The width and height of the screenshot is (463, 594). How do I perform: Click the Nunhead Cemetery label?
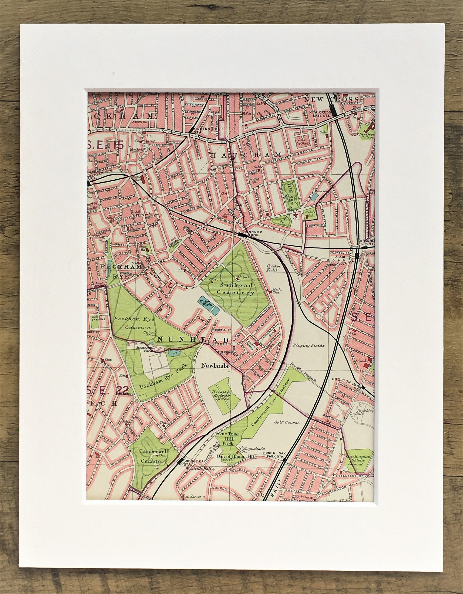(236, 289)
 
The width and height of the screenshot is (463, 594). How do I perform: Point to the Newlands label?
(214, 366)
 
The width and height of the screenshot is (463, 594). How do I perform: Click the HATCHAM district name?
(246, 155)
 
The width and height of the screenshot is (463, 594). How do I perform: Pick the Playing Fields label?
(308, 346)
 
